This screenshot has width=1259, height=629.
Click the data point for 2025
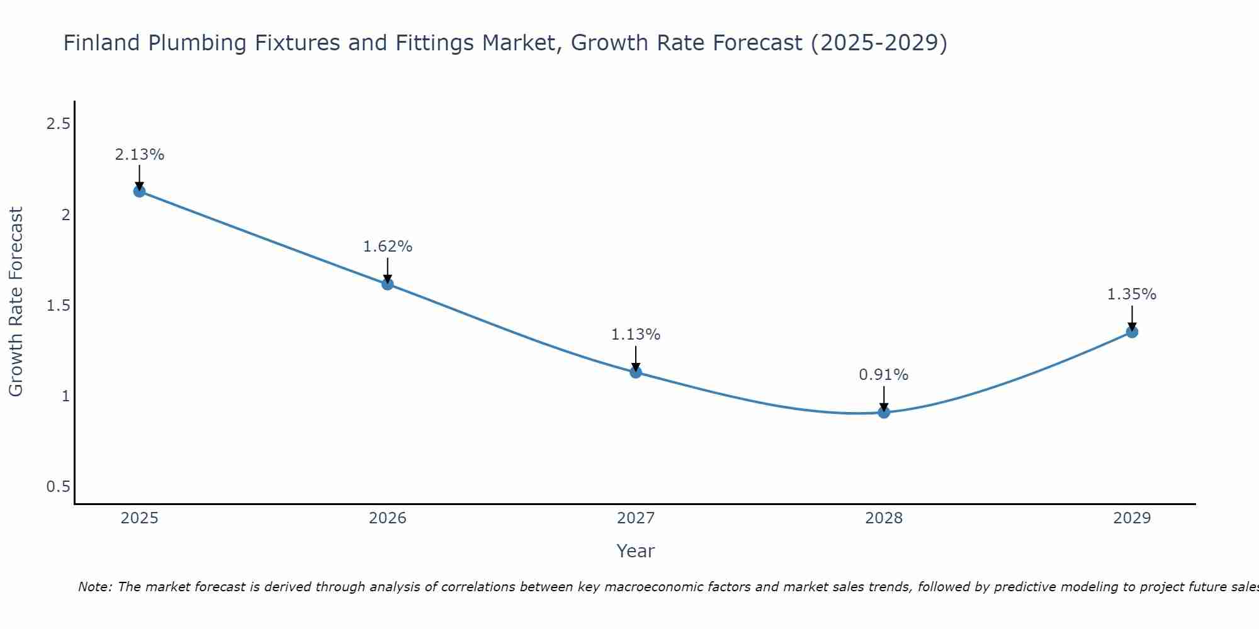click(x=140, y=191)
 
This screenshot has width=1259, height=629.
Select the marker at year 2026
click(x=388, y=284)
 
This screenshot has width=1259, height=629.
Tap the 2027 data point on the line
click(x=636, y=372)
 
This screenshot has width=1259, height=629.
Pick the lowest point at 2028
click(x=884, y=413)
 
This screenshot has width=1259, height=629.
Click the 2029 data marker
click(x=1132, y=332)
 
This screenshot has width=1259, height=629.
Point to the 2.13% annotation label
click(x=140, y=155)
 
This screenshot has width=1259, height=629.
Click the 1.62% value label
click(x=388, y=247)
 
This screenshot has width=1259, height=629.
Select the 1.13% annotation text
click(x=636, y=335)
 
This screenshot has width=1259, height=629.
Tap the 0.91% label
click(x=884, y=375)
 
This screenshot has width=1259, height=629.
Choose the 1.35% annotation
click(x=1132, y=294)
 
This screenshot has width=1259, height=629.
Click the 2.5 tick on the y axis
click(x=58, y=124)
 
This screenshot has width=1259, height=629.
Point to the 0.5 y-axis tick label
click(x=58, y=487)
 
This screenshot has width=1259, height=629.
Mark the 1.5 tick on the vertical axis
click(x=58, y=306)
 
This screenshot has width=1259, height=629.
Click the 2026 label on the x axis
click(x=388, y=518)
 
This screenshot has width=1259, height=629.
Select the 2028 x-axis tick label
click(x=884, y=518)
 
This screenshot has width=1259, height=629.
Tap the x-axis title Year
click(x=636, y=551)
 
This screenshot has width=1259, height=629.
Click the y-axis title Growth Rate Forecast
click(x=16, y=302)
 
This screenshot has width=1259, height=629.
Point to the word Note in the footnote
click(x=94, y=587)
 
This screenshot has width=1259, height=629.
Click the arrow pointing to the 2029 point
click(x=1132, y=318)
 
